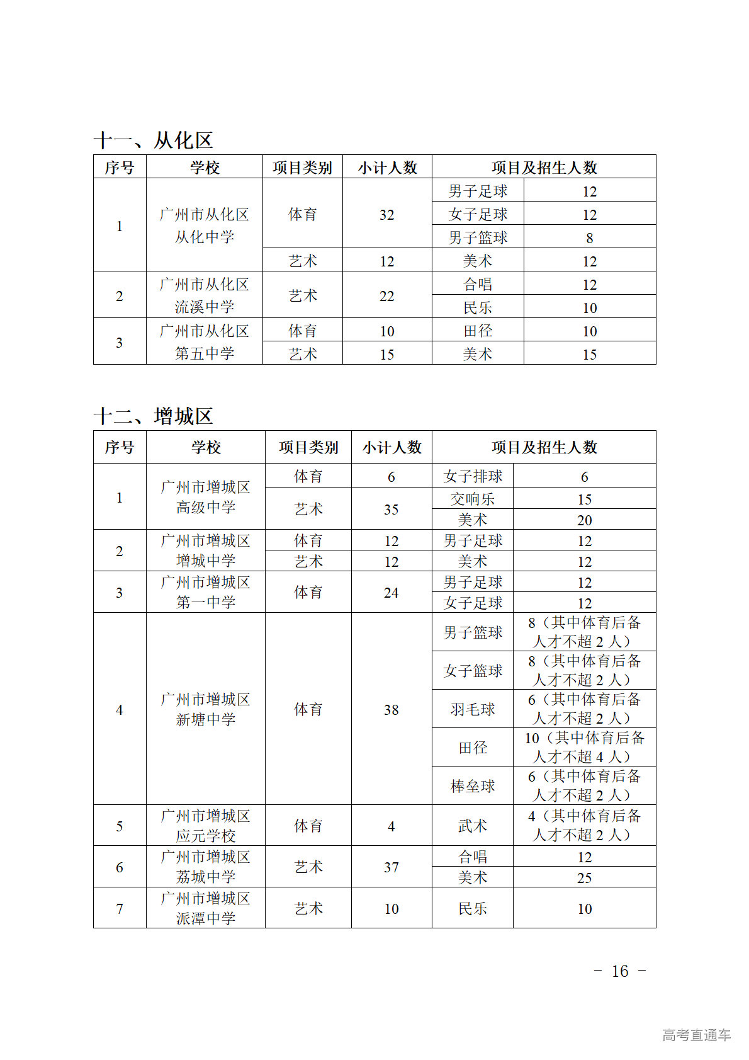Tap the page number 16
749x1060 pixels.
point(620,971)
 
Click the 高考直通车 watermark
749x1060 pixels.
point(696,1034)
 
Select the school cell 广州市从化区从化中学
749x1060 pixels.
point(204,225)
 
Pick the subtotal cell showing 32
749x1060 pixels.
point(386,215)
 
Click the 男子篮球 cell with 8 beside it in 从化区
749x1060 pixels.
point(478,237)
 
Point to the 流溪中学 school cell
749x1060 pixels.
point(204,295)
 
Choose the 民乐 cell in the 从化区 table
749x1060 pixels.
point(478,307)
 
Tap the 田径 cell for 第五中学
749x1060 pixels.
point(478,331)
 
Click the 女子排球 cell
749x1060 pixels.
point(473,476)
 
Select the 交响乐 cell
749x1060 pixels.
point(473,499)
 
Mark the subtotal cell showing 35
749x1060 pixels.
point(391,509)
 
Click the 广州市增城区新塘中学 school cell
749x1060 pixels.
point(205,709)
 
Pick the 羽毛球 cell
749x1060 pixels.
point(473,709)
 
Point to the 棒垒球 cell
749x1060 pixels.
point(473,786)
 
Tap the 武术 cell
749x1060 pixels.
point(473,826)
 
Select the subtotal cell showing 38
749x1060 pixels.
point(391,709)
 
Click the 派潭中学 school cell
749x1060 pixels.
point(205,908)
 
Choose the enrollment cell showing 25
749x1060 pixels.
point(584,877)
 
